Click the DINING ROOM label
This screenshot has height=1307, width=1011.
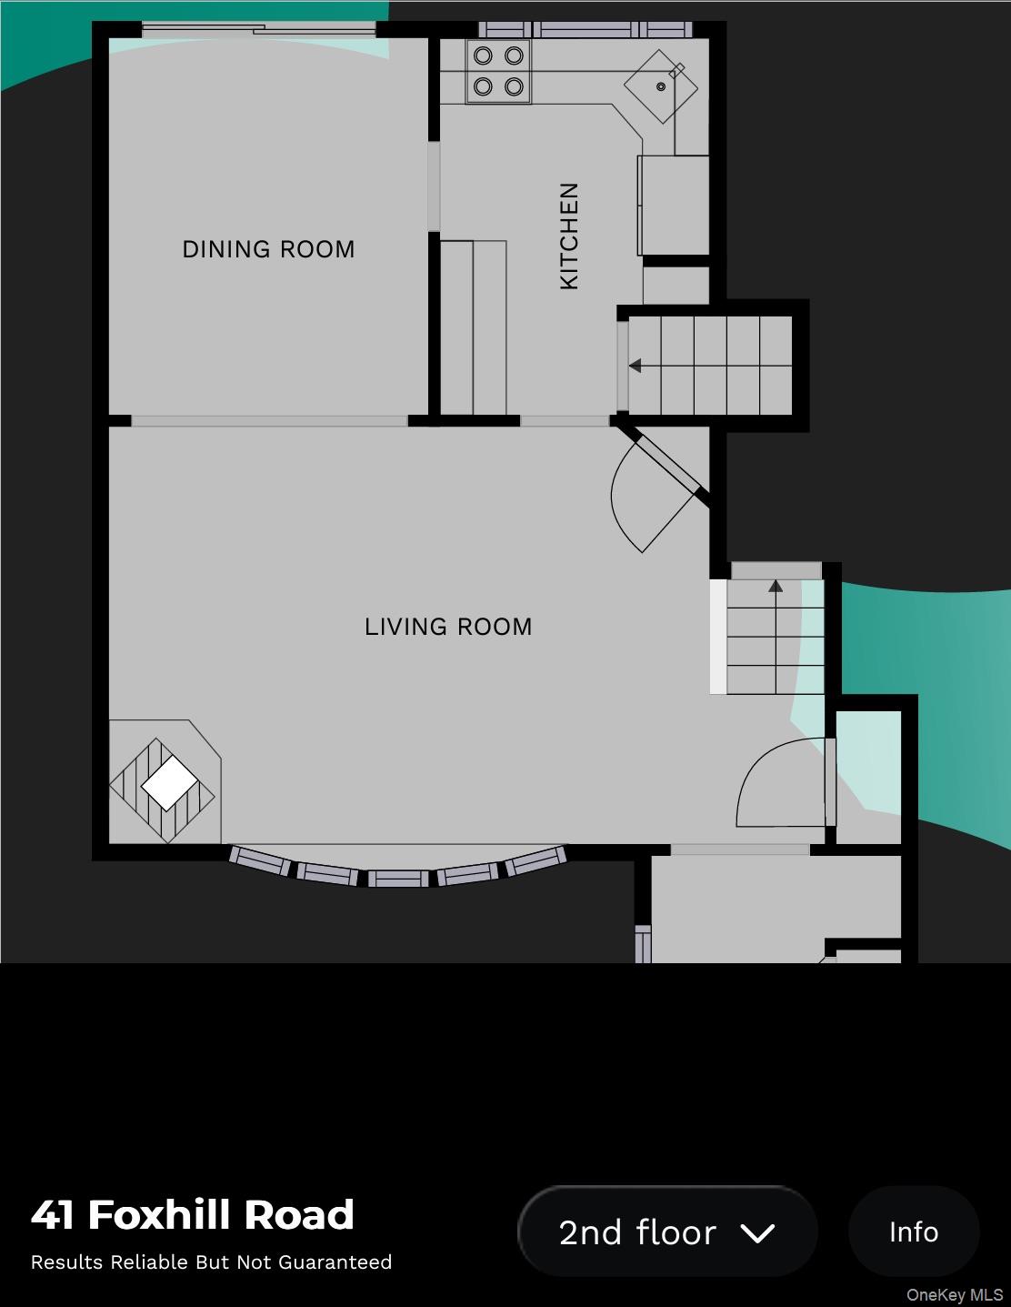point(268,249)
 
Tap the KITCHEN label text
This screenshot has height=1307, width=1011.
point(569,236)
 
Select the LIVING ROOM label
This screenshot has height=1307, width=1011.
point(448,627)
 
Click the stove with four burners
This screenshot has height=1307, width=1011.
point(498,71)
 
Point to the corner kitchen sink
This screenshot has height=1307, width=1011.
point(661,86)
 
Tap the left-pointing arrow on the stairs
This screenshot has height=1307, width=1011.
point(636,366)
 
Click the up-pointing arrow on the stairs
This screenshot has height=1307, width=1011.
point(776,587)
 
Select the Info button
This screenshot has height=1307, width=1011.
point(913,1232)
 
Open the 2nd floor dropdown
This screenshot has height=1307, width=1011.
point(667,1232)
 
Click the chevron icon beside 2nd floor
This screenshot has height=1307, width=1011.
point(756,1233)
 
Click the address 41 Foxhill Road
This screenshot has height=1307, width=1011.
point(193,1215)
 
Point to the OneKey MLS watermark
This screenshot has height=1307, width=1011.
point(954,1295)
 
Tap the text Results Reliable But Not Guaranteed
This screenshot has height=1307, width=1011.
point(211,1262)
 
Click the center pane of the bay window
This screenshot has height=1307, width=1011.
point(398,879)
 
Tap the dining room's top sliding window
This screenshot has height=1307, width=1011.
point(259,30)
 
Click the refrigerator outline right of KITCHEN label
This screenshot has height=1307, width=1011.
point(674,205)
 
